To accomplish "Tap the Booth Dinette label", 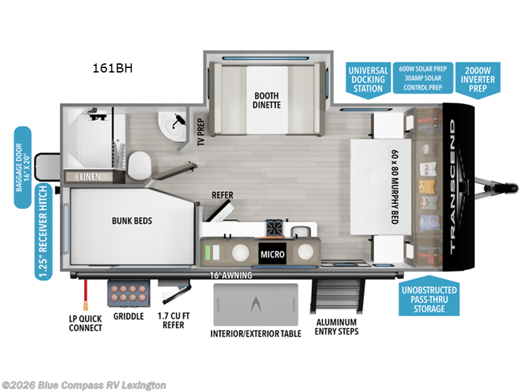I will click(267, 99).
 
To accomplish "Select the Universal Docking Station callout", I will click(368, 79).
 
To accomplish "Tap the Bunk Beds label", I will click(131, 220).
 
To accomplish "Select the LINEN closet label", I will click(90, 177).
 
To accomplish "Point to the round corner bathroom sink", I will click(174, 123).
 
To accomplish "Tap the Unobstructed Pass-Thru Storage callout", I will click(428, 299).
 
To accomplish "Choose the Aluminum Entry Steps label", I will click(337, 327).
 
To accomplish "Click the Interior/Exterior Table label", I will click(256, 333).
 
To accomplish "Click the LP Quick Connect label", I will click(85, 323).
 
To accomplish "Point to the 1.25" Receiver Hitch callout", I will click(43, 232).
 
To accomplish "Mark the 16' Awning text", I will click(231, 275).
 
